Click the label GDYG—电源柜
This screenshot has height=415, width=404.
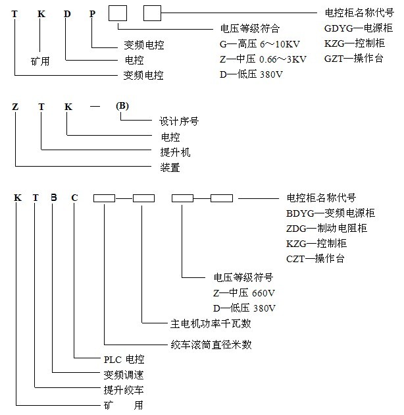[x=359, y=29]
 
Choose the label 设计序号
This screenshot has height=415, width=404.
[x=179, y=122]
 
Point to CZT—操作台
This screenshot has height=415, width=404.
[x=315, y=258]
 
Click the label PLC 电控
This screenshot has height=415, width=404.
[x=124, y=360]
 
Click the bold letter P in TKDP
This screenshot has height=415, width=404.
[x=93, y=14]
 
